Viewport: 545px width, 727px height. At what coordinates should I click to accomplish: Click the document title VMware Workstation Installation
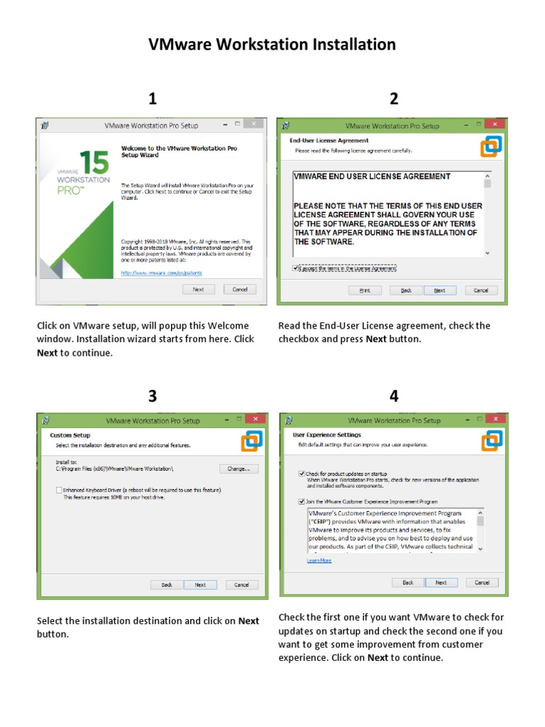coord(272,45)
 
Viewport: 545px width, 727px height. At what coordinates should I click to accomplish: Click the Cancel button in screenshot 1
coord(239,290)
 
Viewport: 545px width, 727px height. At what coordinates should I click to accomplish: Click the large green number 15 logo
coord(94,162)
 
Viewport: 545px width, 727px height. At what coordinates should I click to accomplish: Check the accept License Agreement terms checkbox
coord(296,268)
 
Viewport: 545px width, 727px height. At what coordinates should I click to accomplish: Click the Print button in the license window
coord(365,290)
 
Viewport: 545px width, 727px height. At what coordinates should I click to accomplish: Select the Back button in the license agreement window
coord(406,290)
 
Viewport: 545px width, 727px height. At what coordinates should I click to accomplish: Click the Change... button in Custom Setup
coord(238,469)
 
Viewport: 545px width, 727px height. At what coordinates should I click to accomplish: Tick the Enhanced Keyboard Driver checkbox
coord(59,490)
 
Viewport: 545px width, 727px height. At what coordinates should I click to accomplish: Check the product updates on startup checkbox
coord(302,473)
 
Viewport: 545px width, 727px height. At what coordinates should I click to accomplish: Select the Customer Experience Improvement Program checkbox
coord(302,501)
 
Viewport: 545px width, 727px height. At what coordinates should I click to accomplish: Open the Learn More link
coord(319,560)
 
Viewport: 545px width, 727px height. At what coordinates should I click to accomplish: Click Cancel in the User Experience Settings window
coord(482,582)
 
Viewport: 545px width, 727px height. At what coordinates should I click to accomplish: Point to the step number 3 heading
coord(152,397)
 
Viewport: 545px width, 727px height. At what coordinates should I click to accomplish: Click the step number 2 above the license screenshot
coord(394,99)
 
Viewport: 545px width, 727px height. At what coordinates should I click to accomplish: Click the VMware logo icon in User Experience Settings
coord(491,440)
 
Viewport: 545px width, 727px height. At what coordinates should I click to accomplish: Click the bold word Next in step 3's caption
coord(248,621)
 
